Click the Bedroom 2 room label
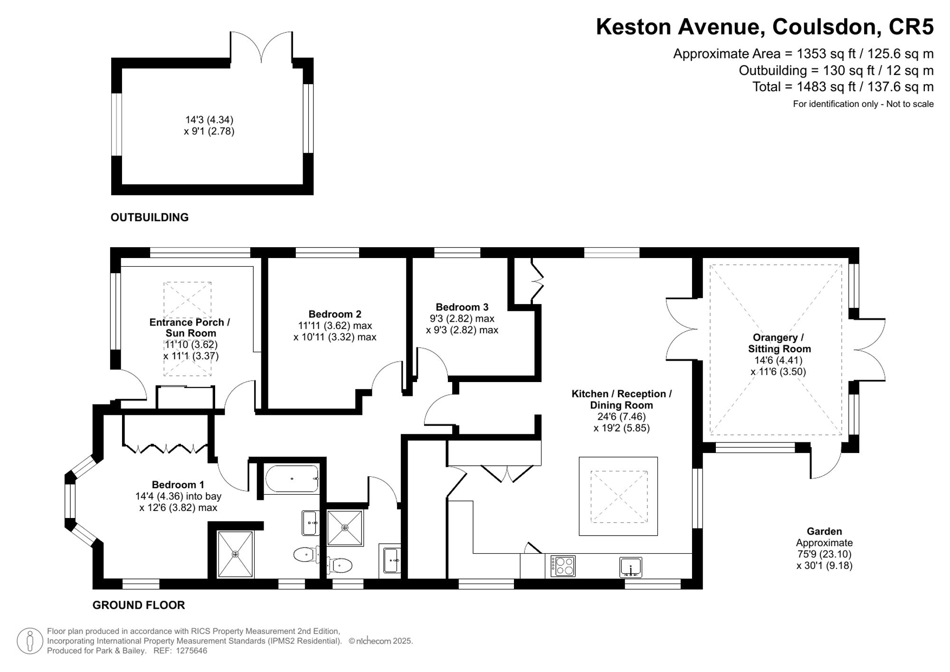pyautogui.click(x=335, y=314)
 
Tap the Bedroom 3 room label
pyautogui.click(x=462, y=307)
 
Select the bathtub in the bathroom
pyautogui.click(x=292, y=479)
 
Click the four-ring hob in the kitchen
pyautogui.click(x=563, y=566)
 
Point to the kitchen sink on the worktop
pyautogui.click(x=630, y=567)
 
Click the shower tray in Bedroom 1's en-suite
pyautogui.click(x=236, y=554)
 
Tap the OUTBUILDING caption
pyautogui.click(x=150, y=217)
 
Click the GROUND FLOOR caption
pyautogui.click(x=138, y=605)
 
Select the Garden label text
pyautogui.click(x=824, y=531)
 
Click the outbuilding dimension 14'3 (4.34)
pyautogui.click(x=209, y=120)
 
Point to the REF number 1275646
pyautogui.click(x=191, y=651)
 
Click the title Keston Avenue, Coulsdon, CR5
pyautogui.click(x=764, y=27)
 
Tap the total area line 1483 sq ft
pyautogui.click(x=843, y=87)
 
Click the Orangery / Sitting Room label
pyautogui.click(x=779, y=343)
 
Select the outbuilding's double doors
pyautogui.click(x=261, y=48)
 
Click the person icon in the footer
pyautogui.click(x=30, y=641)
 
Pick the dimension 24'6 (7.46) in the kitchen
pyautogui.click(x=621, y=417)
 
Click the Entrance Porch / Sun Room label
pyautogui.click(x=190, y=327)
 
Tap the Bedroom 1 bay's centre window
pyautogui.click(x=70, y=501)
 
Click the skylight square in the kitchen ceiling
pyautogui.click(x=618, y=496)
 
